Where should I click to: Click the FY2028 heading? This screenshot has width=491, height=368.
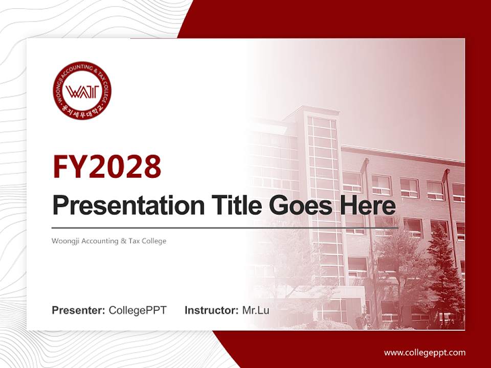107,166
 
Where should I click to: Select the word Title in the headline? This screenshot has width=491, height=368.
233,205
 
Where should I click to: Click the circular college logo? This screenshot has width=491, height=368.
82,91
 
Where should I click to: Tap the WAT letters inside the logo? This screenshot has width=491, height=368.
82,92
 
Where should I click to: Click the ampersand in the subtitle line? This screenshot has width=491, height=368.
123,241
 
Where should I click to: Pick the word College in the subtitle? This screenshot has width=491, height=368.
154,241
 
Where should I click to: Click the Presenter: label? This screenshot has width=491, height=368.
79,310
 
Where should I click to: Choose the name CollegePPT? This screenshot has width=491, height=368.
138,310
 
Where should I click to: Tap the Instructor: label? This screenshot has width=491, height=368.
211,310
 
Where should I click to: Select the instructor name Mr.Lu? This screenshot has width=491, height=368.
256,310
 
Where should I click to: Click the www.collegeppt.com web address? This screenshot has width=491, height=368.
425,352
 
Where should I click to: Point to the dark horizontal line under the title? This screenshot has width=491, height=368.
225,228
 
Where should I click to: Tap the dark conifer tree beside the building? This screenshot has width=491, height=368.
444,276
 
